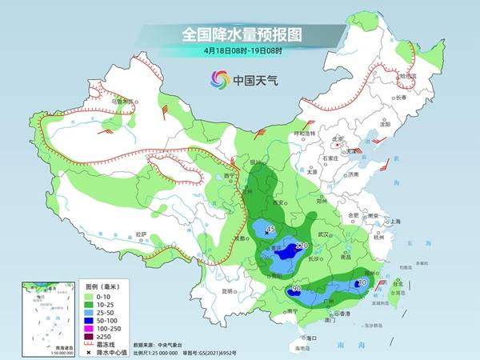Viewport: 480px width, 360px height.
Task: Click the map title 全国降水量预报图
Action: [239, 34]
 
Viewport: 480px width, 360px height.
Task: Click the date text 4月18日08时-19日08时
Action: [239, 51]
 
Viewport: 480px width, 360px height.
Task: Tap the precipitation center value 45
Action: [270, 230]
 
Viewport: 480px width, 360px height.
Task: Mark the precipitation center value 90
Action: [296, 288]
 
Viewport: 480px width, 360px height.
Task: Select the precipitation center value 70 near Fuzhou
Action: [362, 282]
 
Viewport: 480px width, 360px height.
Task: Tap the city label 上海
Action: [393, 222]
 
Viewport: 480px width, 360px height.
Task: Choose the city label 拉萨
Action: [142, 234]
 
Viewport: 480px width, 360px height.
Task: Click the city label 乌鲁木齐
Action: [121, 102]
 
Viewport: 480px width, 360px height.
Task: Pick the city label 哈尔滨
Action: [408, 76]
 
